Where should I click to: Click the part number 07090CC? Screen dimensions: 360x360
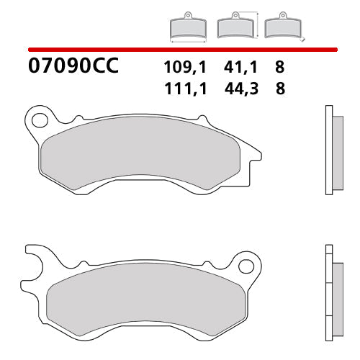tap(73, 68)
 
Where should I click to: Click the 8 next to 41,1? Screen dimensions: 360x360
tap(279, 68)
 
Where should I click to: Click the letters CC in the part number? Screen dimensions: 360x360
tap(104, 68)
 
